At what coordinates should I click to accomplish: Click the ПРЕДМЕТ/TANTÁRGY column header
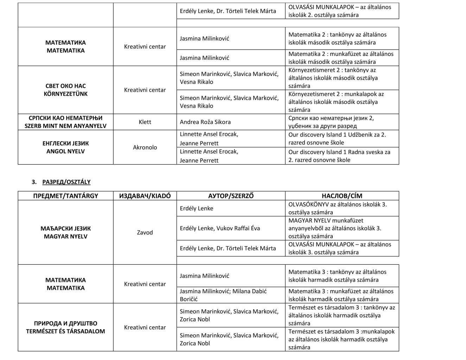(65, 196)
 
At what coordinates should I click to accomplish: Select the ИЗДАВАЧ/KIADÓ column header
(145, 196)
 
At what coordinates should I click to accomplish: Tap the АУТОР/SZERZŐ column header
(231, 196)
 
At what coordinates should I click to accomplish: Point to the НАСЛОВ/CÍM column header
(342, 196)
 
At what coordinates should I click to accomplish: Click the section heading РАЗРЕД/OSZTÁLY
(66, 182)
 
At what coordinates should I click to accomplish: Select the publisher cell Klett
(145, 122)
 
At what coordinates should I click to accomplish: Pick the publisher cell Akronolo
(145, 147)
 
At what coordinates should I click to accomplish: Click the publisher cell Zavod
(145, 232)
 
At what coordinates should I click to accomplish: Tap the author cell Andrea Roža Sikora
(205, 122)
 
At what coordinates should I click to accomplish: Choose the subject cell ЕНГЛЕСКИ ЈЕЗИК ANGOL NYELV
(65, 147)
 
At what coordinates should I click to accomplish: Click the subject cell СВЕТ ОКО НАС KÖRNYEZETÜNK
(65, 90)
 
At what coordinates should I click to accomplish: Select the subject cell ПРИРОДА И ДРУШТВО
(65, 327)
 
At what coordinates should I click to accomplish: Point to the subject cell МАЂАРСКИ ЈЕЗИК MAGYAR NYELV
(65, 232)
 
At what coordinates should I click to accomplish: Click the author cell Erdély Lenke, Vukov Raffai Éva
(220, 228)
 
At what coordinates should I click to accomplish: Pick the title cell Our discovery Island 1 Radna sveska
(339, 156)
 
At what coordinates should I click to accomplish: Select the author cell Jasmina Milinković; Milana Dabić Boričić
(223, 295)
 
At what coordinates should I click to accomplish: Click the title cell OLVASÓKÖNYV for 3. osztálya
(338, 208)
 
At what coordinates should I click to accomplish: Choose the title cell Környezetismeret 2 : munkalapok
(336, 102)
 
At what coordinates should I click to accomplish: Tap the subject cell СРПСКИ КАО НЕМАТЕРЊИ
(65, 122)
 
